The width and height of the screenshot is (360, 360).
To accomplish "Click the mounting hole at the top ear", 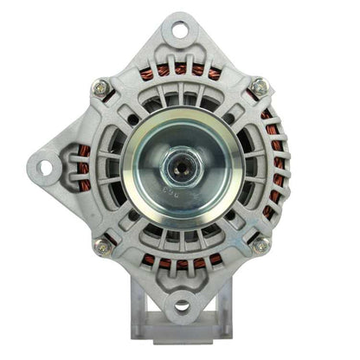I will pyautogui.click(x=180, y=30).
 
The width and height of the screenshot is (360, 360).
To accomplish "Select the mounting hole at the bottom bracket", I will pyautogui.click(x=181, y=305).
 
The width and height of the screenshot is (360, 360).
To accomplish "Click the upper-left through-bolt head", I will pyautogui.click(x=102, y=87).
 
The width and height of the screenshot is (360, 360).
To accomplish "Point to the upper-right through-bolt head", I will pyautogui.click(x=258, y=87).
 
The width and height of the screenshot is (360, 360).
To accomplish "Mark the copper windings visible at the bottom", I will pyautogui.click(x=181, y=262).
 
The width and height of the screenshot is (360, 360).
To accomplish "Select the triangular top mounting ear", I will pyautogui.click(x=180, y=43).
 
